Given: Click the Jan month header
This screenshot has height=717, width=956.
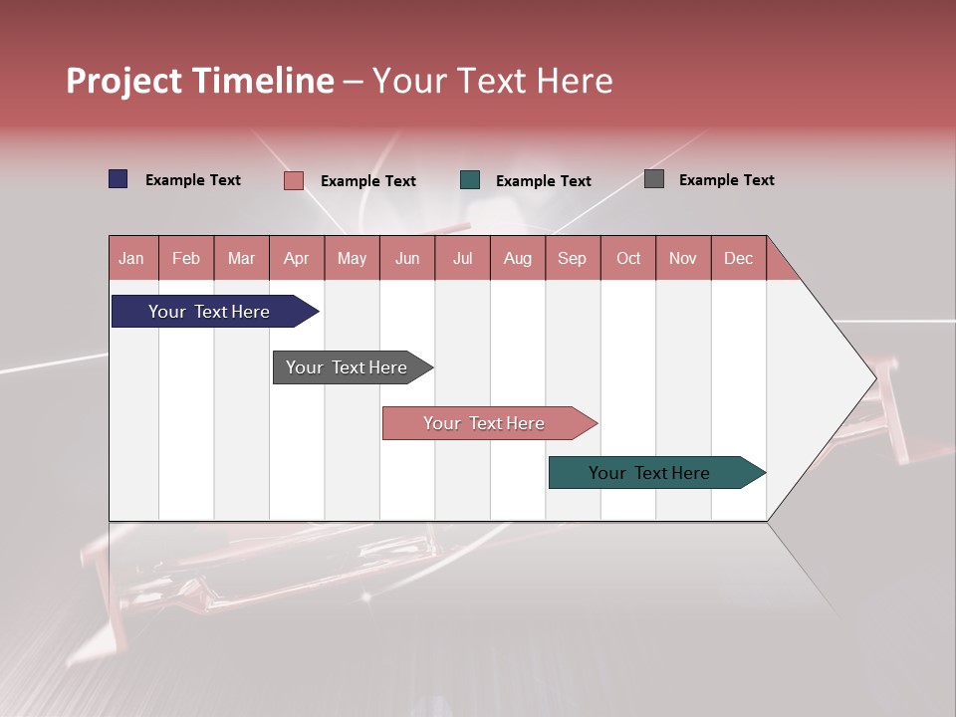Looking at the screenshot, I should [132, 258].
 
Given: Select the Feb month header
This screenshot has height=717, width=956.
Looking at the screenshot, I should [186, 258].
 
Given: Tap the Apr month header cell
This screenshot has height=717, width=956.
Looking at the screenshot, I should [297, 258].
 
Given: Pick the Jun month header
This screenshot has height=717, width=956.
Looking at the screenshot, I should [407, 258].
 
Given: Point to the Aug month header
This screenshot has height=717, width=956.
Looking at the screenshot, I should [518, 258].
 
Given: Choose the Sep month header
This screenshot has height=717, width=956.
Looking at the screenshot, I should [573, 258].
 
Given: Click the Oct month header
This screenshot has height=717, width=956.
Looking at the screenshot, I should [628, 258].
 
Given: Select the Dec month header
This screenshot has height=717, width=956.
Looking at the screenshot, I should [739, 258].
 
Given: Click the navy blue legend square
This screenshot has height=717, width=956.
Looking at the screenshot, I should [119, 179].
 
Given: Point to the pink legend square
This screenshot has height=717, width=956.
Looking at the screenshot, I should [294, 180].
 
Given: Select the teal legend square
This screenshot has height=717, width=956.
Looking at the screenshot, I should [470, 180].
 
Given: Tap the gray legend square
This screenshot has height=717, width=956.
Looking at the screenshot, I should [654, 179].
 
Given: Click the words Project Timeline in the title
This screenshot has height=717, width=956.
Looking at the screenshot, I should [200, 81].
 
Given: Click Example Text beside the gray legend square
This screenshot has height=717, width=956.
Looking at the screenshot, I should [727, 180].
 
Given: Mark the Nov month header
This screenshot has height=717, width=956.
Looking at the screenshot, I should [683, 258].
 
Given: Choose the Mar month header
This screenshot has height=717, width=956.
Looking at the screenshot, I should [242, 258].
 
